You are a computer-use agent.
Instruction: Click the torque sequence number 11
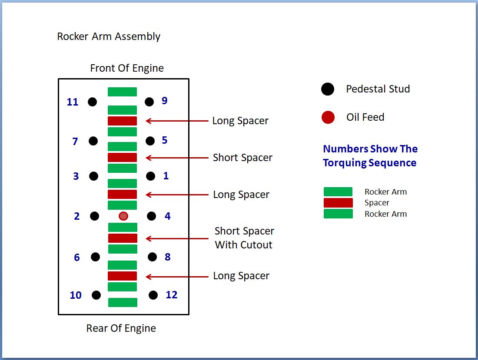73,102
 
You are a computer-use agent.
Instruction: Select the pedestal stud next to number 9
149,102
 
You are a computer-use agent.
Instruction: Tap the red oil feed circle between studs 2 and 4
123,216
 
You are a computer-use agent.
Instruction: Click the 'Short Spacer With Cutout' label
244,238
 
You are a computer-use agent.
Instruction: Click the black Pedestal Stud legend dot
328,89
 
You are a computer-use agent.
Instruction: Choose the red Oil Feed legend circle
328,117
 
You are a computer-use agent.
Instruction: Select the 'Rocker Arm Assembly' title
109,36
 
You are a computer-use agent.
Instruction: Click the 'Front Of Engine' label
127,68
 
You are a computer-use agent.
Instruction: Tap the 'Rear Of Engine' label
121,328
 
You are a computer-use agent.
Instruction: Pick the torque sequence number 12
172,295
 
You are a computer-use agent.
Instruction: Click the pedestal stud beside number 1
150,176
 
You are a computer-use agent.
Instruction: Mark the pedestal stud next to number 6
95,257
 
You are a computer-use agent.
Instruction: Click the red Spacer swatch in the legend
338,203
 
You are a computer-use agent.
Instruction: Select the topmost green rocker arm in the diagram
123,92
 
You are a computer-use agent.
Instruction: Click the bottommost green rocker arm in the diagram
123,302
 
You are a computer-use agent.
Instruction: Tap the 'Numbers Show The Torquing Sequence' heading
370,156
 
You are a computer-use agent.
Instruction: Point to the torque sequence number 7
75,142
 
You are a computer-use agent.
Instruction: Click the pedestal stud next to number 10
96,295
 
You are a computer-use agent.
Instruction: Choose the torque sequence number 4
168,216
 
